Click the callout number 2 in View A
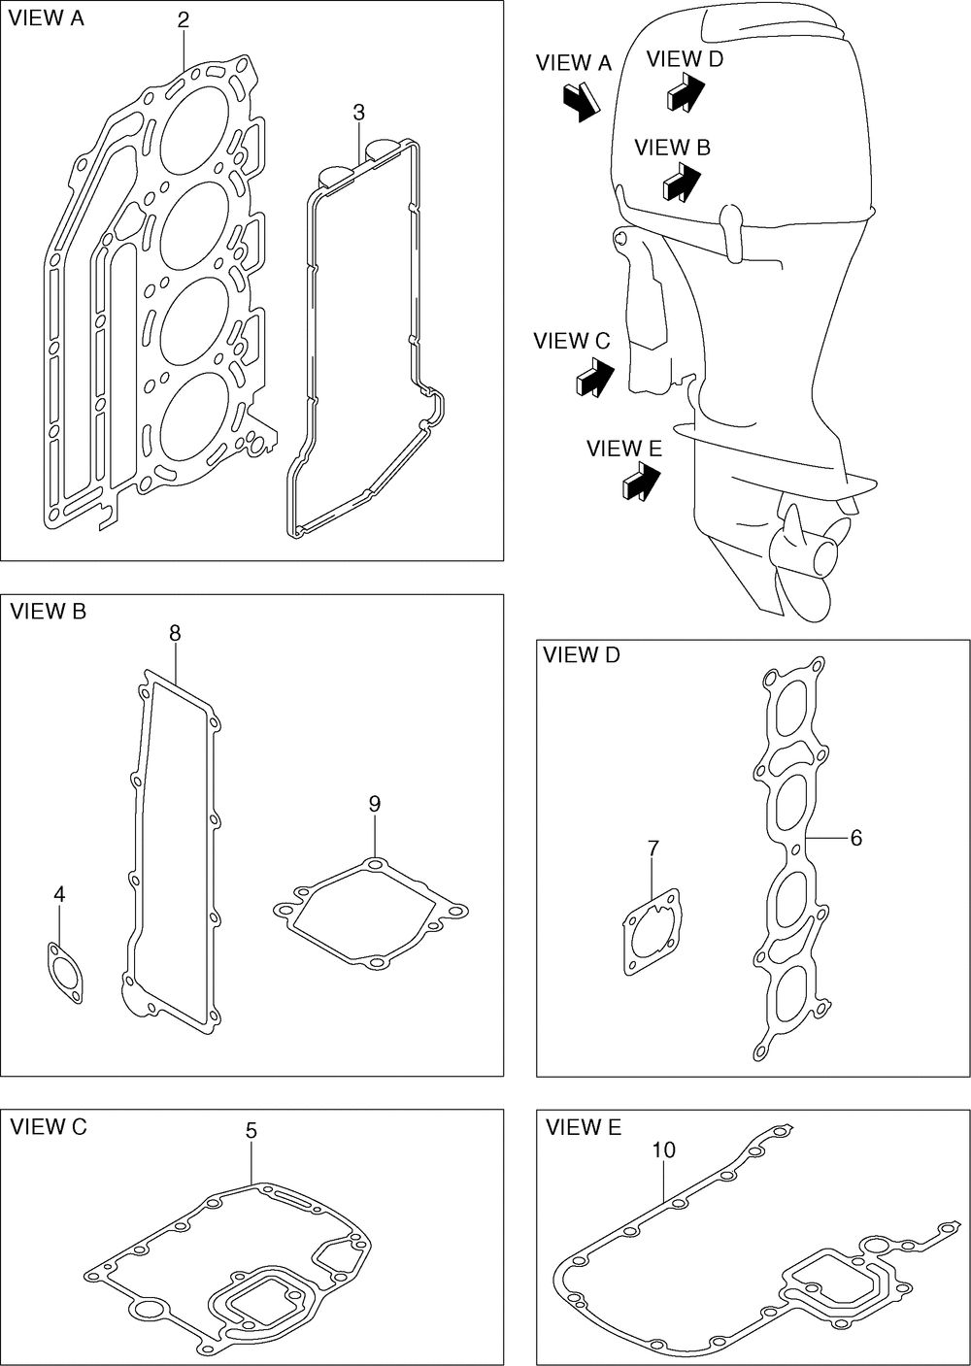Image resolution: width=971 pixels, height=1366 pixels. [184, 19]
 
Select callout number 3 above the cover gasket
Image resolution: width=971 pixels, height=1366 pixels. [358, 113]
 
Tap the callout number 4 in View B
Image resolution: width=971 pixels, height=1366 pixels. [59, 894]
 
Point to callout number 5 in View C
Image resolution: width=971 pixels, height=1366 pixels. [251, 1131]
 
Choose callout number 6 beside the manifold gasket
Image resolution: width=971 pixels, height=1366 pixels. [855, 837]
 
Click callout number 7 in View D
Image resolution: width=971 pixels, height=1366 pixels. [653, 849]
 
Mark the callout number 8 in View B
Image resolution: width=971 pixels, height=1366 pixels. [175, 633]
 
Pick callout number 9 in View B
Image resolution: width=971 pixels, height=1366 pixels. [375, 803]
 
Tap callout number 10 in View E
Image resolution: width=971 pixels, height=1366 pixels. [664, 1149]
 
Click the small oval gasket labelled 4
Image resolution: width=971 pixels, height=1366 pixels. [65, 971]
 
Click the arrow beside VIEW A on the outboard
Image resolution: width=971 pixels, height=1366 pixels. [582, 100]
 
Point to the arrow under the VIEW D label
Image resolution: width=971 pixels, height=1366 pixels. [685, 92]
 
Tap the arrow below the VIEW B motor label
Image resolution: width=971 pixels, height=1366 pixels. [682, 181]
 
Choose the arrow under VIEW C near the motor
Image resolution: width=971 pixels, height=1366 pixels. [594, 376]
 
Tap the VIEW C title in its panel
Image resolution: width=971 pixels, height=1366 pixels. [49, 1126]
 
